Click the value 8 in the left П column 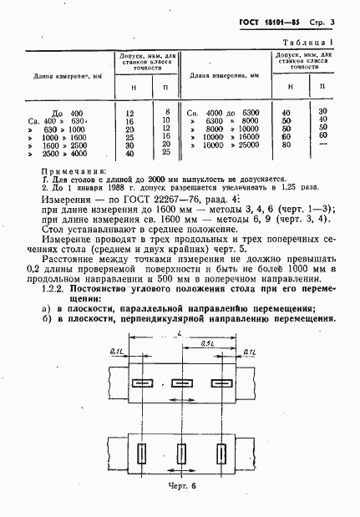pyautogui.click(x=168, y=110)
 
